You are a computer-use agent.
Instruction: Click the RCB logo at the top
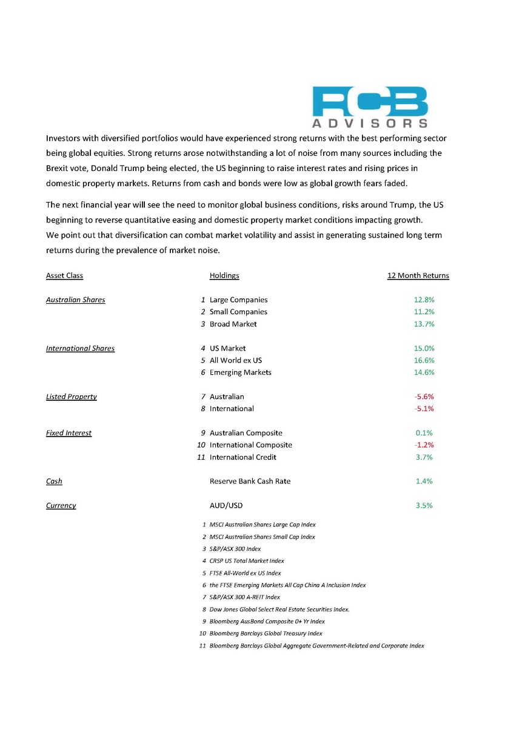click(370, 107)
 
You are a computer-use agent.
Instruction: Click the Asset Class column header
click(64, 275)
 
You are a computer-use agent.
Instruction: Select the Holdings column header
click(224, 275)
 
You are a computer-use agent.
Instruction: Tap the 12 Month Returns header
click(418, 275)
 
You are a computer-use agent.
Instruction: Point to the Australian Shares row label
click(75, 300)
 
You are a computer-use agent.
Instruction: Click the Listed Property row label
click(71, 397)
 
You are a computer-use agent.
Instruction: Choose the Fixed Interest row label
click(69, 433)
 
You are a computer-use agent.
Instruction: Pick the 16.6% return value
click(424, 360)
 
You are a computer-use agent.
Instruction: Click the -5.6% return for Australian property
click(424, 397)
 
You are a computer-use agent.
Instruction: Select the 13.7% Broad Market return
click(424, 324)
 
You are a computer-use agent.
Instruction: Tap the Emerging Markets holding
click(240, 372)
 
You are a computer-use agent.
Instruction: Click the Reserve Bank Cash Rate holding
click(250, 481)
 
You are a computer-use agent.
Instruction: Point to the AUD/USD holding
click(226, 506)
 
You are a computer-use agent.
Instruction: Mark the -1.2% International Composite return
click(424, 445)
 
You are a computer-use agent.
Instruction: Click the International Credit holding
click(243, 457)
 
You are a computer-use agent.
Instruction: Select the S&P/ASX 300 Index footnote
click(235, 549)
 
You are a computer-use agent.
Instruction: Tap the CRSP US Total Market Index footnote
click(247, 561)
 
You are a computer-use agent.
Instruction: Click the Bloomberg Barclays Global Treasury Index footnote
click(266, 634)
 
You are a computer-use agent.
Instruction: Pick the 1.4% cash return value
click(424, 481)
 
